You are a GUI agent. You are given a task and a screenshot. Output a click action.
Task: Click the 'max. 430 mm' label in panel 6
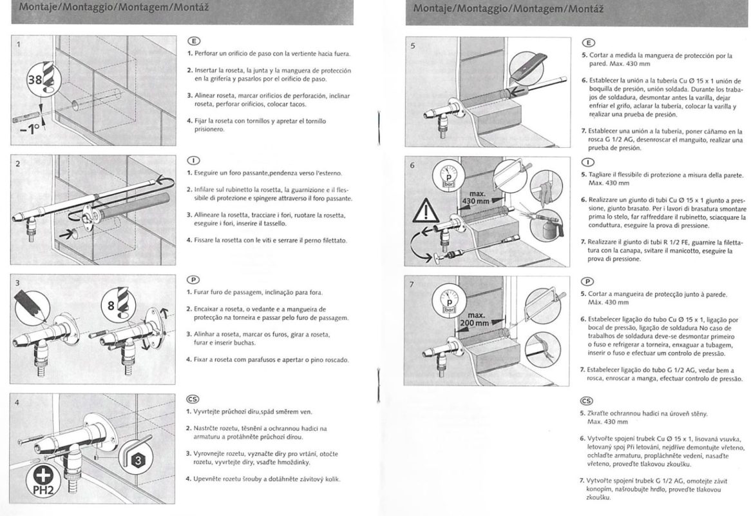(478, 197)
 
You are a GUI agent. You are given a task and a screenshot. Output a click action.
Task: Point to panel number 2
(19, 164)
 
